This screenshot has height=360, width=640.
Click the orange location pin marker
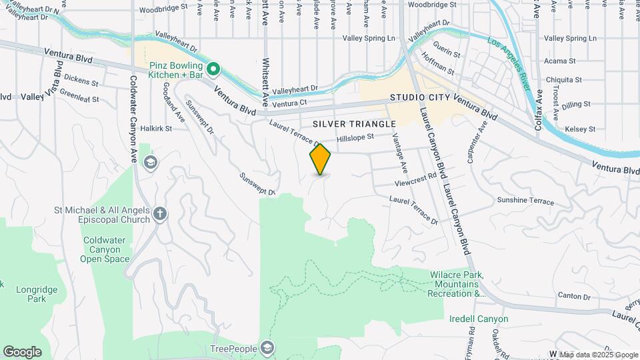tap(321, 159)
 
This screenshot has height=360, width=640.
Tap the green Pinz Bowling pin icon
tap(213, 68)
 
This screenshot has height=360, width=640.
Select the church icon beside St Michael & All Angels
tap(159, 213)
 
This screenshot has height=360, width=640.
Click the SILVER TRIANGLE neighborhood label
tap(354, 124)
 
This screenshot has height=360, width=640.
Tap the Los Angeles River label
tap(509, 65)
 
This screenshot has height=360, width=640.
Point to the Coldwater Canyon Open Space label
tap(107, 249)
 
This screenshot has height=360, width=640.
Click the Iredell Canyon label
tap(479, 319)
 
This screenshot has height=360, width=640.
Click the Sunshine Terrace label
tap(525, 201)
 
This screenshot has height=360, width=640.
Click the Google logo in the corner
tap(22, 352)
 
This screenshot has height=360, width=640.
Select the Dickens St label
tap(81, 84)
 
